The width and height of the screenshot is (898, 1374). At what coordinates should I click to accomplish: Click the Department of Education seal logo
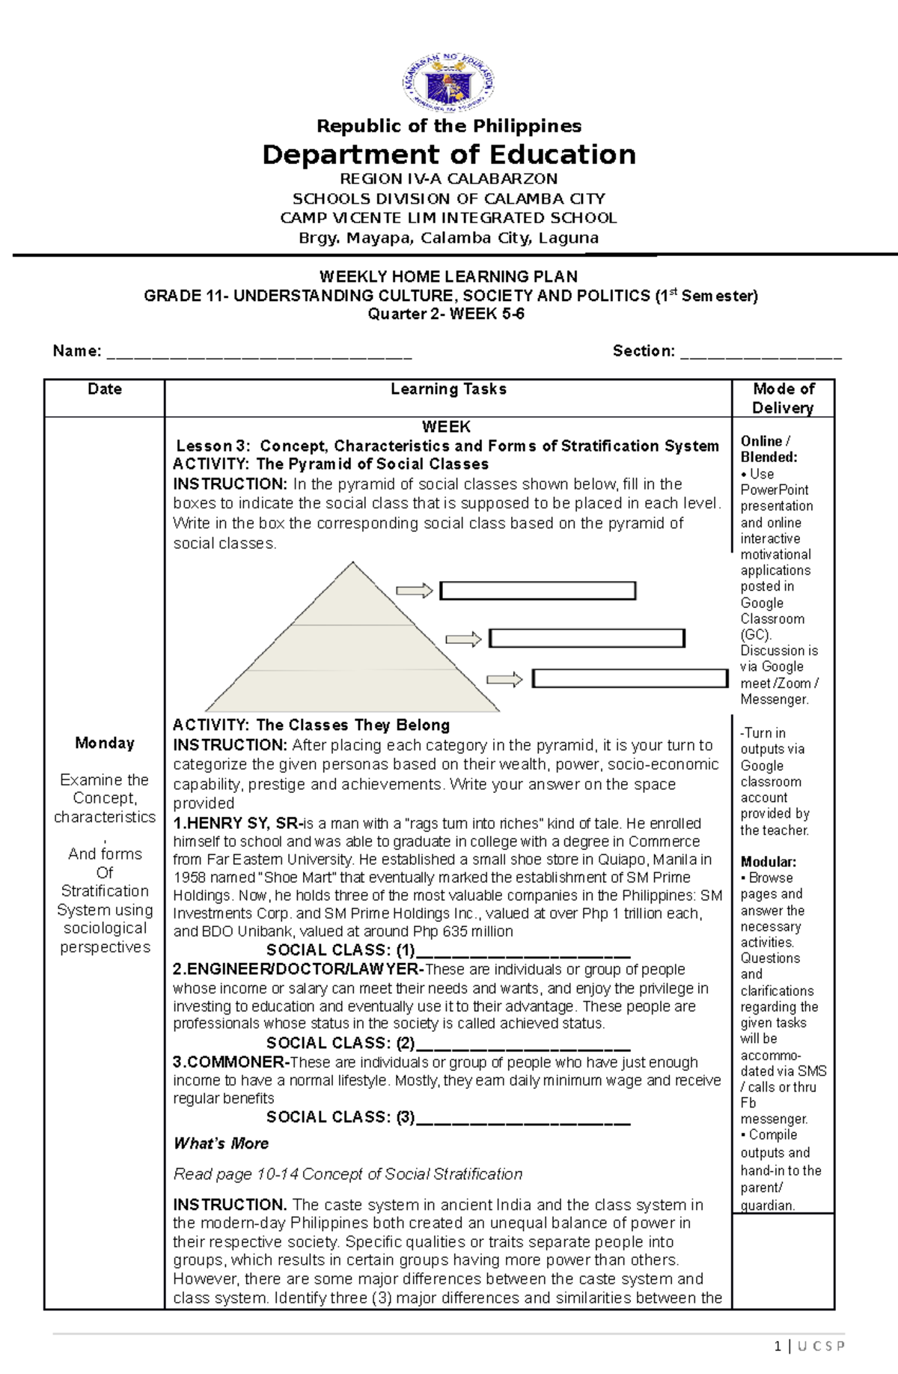coord(449,82)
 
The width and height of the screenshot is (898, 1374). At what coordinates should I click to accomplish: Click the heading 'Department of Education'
coord(449,155)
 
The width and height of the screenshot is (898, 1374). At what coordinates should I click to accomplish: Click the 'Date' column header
coord(105,389)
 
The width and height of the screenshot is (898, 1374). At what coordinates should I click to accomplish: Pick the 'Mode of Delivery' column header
coord(783,398)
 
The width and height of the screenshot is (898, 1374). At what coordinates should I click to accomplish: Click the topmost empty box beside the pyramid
coord(537,591)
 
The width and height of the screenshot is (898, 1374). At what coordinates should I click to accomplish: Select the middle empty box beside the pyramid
coord(587,638)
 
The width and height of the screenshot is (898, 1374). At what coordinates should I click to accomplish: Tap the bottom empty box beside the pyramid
coord(629,678)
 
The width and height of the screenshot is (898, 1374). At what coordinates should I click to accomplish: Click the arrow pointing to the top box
coord(415,591)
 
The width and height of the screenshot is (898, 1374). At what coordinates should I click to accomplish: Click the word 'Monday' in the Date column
coord(105,744)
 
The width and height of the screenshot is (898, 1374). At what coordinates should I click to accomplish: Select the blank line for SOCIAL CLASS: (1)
coord(522,953)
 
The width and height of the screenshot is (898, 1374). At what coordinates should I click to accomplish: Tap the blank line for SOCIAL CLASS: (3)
coord(522,1121)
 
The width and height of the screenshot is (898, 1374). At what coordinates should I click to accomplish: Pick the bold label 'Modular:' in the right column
coord(768,862)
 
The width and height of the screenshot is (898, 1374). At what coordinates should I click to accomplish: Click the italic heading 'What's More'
coord(221,1143)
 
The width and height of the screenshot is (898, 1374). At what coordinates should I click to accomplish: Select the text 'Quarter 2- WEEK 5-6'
coord(446,314)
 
